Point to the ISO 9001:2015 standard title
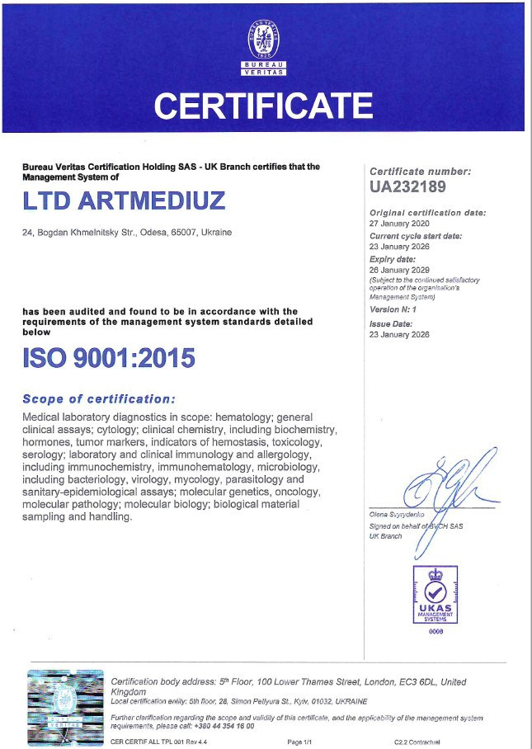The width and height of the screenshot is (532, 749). (x=108, y=359)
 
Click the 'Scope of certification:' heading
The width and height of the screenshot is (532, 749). (x=99, y=399)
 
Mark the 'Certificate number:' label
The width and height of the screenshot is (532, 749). (x=420, y=172)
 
